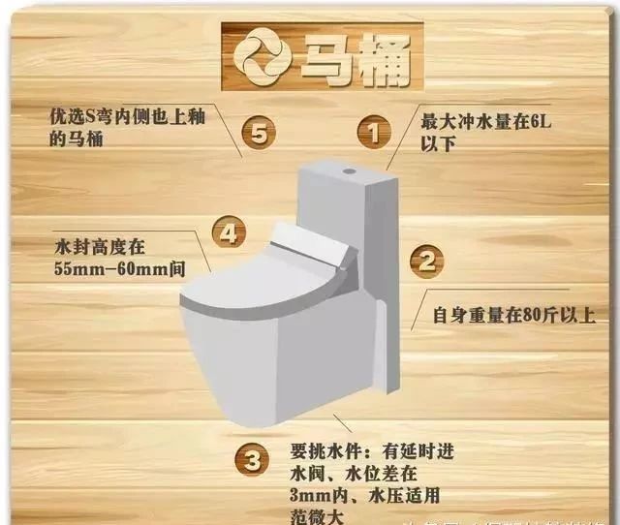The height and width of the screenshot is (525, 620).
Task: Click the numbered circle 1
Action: coord(374,132)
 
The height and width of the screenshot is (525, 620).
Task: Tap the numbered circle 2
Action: coord(427,261)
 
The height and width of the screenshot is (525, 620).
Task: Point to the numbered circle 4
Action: coord(227,233)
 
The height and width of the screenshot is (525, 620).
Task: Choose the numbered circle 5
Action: coord(257,132)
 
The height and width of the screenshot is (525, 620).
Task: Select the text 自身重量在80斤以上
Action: coord(511,314)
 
